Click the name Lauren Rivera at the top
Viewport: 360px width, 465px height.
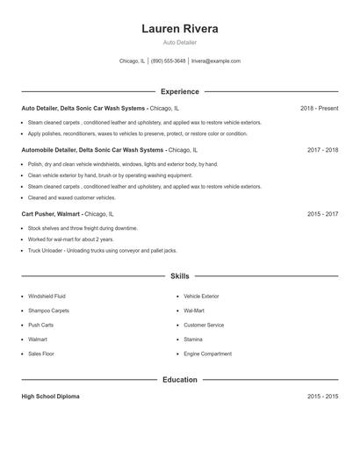pos(180,28)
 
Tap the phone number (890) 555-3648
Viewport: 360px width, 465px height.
pos(169,61)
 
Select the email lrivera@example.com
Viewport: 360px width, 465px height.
pos(216,61)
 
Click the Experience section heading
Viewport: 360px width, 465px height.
pos(180,91)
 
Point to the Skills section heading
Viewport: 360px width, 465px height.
pos(180,276)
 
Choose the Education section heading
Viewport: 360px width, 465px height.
pos(180,380)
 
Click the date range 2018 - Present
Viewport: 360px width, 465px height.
pos(319,109)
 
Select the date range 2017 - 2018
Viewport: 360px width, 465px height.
pos(322,150)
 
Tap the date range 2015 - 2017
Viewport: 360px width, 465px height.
pos(322,214)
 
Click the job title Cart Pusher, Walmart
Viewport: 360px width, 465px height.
pos(52,214)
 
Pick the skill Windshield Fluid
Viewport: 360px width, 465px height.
pos(47,297)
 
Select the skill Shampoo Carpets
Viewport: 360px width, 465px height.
pos(48,311)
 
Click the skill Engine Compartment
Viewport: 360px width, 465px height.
pos(207,354)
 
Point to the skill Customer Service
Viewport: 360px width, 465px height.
pos(204,325)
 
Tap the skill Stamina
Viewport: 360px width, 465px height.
pos(193,339)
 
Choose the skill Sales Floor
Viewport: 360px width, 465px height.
pos(41,354)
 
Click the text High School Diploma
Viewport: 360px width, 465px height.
pos(50,397)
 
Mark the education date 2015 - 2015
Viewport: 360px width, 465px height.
pos(322,397)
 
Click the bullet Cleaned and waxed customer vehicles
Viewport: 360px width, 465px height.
pos(72,197)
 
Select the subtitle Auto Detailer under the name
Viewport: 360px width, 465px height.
pos(180,42)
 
